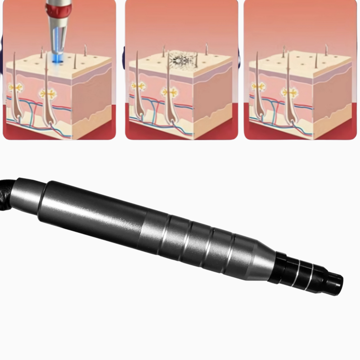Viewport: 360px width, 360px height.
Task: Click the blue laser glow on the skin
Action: click(57, 58)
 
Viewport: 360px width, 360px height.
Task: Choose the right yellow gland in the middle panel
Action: click(170, 92)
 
